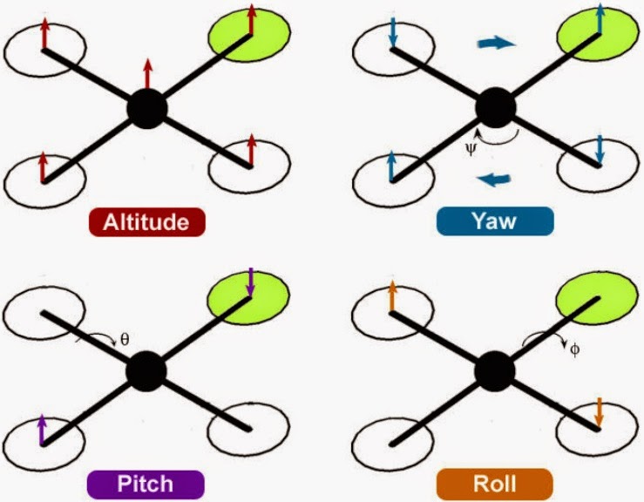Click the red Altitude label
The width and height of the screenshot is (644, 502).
pos(146,222)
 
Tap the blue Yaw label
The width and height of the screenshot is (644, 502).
pos(494,221)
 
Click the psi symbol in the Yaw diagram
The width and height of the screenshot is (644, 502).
pos(471,147)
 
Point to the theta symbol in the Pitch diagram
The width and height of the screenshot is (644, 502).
pos(123,339)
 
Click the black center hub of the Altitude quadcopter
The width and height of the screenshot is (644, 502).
pos(146,109)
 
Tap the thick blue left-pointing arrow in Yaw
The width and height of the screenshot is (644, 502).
pos(495,180)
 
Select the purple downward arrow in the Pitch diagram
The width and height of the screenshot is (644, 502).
pos(250,282)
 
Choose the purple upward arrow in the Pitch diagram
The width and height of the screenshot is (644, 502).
pos(42,429)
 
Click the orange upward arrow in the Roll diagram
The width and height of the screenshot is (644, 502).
pos(391,296)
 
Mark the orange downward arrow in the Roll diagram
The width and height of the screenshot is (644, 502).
pos(599,411)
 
